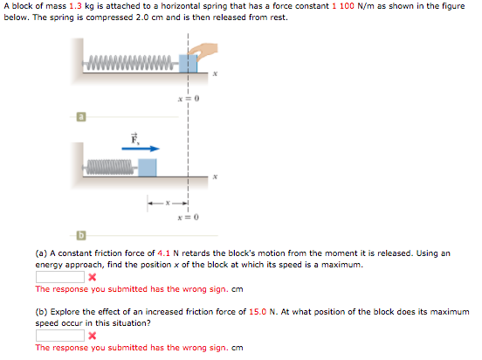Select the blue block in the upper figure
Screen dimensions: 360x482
pyautogui.click(x=186, y=64)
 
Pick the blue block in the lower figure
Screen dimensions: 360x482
pyautogui.click(x=148, y=166)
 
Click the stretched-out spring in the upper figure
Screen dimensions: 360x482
pyautogui.click(x=131, y=63)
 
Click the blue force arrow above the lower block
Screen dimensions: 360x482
pyautogui.click(x=138, y=149)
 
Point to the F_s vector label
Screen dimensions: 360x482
pyautogui.click(x=135, y=138)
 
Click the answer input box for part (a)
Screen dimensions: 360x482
pyautogui.click(x=59, y=277)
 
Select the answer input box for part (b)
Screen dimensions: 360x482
pyautogui.click(x=59, y=336)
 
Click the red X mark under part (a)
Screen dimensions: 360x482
pyautogui.click(x=92, y=278)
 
